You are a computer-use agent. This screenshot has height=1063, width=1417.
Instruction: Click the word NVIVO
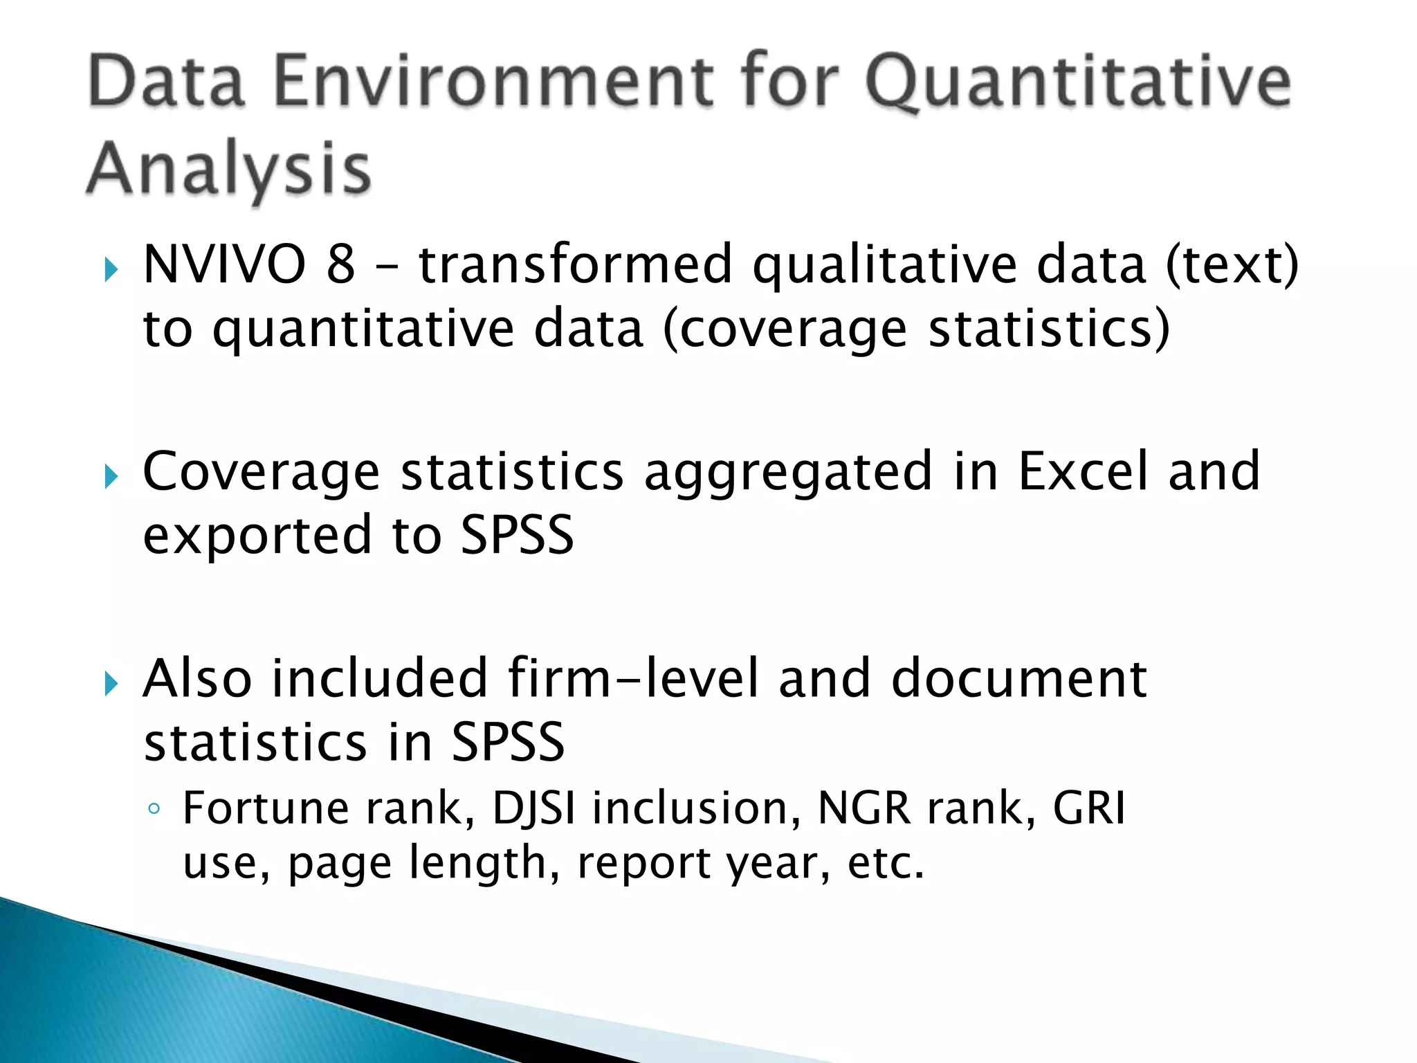(x=224, y=265)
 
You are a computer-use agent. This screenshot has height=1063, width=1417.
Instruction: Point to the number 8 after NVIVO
(x=340, y=265)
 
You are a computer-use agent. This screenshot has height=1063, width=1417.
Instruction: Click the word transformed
(x=575, y=265)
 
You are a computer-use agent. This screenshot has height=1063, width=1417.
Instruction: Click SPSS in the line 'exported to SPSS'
(x=517, y=535)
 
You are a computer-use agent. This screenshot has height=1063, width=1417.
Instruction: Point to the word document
(x=1019, y=678)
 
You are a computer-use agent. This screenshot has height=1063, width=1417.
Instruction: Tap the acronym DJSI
(x=533, y=808)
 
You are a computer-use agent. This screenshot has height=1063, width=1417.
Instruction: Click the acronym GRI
(x=1089, y=808)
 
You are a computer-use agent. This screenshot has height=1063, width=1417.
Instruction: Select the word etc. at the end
(x=886, y=863)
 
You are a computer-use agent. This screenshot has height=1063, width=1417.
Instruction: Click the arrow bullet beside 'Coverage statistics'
(x=111, y=477)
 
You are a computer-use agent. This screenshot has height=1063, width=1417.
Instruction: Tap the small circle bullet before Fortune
(x=154, y=809)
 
